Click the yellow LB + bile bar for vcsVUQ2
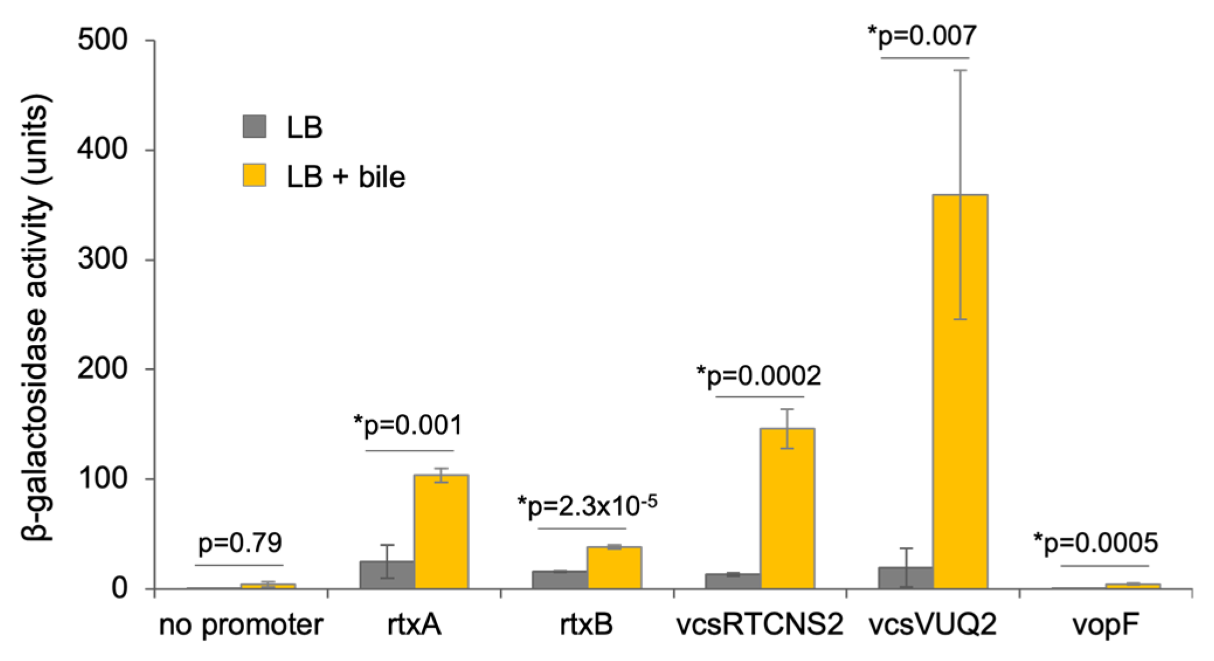click(x=960, y=392)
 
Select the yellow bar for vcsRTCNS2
click(x=787, y=508)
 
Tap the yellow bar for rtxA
click(x=441, y=531)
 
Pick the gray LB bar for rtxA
click(x=387, y=575)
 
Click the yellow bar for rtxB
click(x=614, y=567)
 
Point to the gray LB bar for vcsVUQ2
click(x=906, y=577)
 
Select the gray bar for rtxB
click(x=560, y=580)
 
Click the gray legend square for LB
click(x=255, y=126)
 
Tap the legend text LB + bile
click(x=346, y=176)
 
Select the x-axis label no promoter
click(x=241, y=625)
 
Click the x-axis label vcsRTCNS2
click(x=759, y=625)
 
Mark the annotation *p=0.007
click(x=922, y=36)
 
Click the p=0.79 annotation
click(x=240, y=543)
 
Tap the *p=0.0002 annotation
click(x=759, y=376)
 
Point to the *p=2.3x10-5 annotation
click(x=587, y=506)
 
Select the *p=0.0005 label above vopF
click(x=1095, y=544)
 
